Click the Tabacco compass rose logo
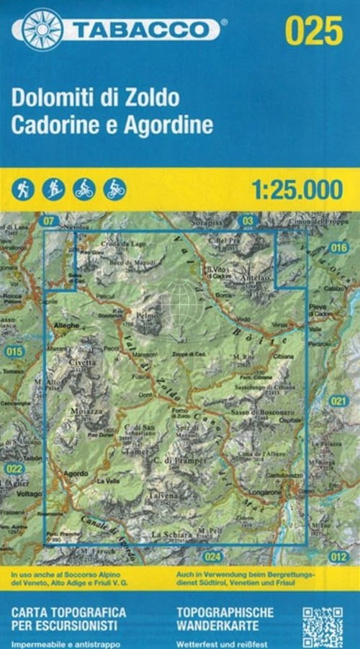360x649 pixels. pos(42,29)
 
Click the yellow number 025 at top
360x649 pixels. pos(313,31)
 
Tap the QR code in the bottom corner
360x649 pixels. pos(322,626)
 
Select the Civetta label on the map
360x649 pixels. pos(82,363)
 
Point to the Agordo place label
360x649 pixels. pos(76,473)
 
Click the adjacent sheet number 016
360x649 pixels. pos(338,248)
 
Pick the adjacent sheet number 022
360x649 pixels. pos(14,468)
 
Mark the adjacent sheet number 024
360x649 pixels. pos(212,556)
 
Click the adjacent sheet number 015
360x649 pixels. pos(14,352)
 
